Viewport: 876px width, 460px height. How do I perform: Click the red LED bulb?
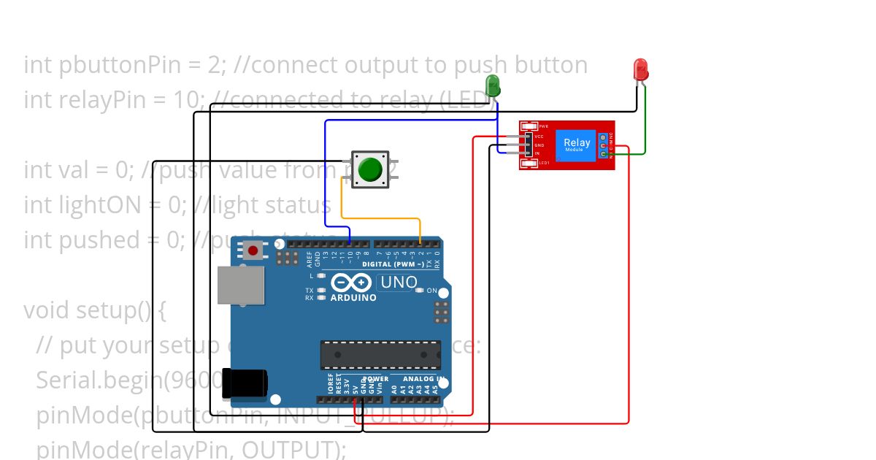[640, 69]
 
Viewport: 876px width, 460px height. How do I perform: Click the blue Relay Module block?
[576, 145]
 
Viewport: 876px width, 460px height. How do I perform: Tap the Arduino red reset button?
[253, 251]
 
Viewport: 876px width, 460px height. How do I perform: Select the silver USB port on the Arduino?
[240, 285]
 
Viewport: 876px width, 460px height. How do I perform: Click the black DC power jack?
[243, 383]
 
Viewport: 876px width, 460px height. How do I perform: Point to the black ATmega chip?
[380, 355]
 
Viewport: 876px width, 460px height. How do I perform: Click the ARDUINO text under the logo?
[353, 298]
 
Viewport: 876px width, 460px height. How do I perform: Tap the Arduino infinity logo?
[353, 283]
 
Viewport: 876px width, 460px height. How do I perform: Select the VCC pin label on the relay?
[539, 136]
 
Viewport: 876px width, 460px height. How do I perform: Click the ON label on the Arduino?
[432, 291]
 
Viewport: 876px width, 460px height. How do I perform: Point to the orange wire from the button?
[380, 218]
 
